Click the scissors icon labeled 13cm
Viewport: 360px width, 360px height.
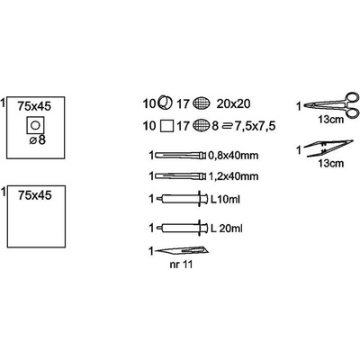(331, 104)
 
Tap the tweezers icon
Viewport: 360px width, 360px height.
(328, 148)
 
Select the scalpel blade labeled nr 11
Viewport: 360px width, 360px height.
(182, 250)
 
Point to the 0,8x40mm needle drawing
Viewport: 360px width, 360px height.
(180, 156)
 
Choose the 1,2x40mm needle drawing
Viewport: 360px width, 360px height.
(180, 175)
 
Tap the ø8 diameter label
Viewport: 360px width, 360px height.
(38, 139)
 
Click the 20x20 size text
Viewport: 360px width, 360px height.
(233, 103)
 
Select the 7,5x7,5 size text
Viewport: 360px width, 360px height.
(255, 126)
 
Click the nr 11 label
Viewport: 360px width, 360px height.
(181, 265)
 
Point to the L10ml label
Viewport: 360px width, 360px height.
(225, 199)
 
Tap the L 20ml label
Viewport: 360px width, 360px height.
(227, 229)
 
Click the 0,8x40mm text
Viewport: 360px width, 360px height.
(233, 156)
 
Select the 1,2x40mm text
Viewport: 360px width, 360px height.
(233, 176)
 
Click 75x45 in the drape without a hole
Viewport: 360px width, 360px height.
(35, 195)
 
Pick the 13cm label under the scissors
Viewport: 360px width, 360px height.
(331, 121)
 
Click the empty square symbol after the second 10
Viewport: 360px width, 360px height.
(167, 126)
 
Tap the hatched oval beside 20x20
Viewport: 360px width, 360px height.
(202, 103)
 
